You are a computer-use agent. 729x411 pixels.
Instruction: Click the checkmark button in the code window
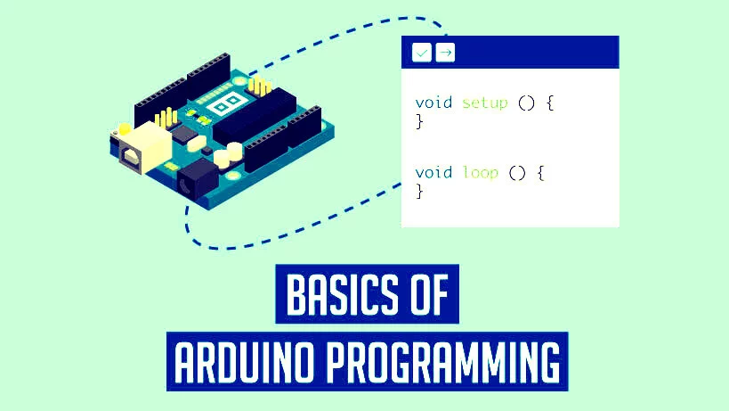pos(422,53)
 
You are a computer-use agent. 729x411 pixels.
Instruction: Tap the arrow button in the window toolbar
pos(445,53)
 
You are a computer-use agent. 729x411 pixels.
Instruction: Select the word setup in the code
pos(484,103)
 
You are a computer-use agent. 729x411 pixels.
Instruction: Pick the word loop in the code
pos(481,173)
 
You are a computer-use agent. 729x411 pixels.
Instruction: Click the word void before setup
pos(433,102)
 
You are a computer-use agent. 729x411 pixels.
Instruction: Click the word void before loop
pos(433,172)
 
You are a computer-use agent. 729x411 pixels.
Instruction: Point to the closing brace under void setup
pos(419,121)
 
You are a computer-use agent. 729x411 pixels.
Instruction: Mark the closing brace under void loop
pos(419,192)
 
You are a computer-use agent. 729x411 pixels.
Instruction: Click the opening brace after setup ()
pos(550,103)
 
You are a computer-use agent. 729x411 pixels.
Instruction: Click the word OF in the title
pos(430,294)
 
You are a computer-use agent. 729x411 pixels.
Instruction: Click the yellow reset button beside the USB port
pos(124,129)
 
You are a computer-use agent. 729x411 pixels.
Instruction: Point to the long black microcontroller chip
pos(255,115)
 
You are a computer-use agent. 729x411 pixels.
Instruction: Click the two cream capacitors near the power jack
pos(228,155)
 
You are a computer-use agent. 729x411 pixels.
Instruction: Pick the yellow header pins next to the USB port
pos(166,119)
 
